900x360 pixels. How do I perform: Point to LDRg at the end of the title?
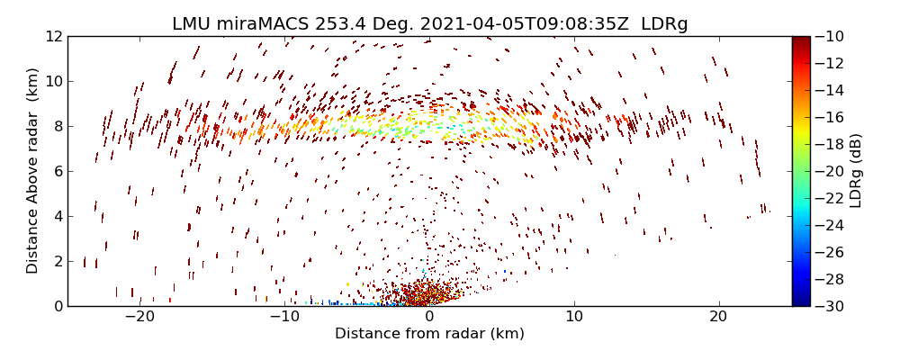point(664,24)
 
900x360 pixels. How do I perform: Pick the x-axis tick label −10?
point(284,318)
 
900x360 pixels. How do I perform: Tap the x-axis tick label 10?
point(574,318)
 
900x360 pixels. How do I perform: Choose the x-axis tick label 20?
point(718,318)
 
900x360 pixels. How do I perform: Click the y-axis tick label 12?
point(53,36)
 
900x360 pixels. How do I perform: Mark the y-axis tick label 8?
point(57,126)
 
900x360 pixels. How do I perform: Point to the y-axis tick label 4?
point(57,216)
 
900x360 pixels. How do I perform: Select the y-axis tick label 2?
point(57,261)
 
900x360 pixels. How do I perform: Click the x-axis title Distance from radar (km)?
point(429,334)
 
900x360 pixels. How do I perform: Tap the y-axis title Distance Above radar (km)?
point(33,171)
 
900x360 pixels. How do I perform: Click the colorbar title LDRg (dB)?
point(856,171)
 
